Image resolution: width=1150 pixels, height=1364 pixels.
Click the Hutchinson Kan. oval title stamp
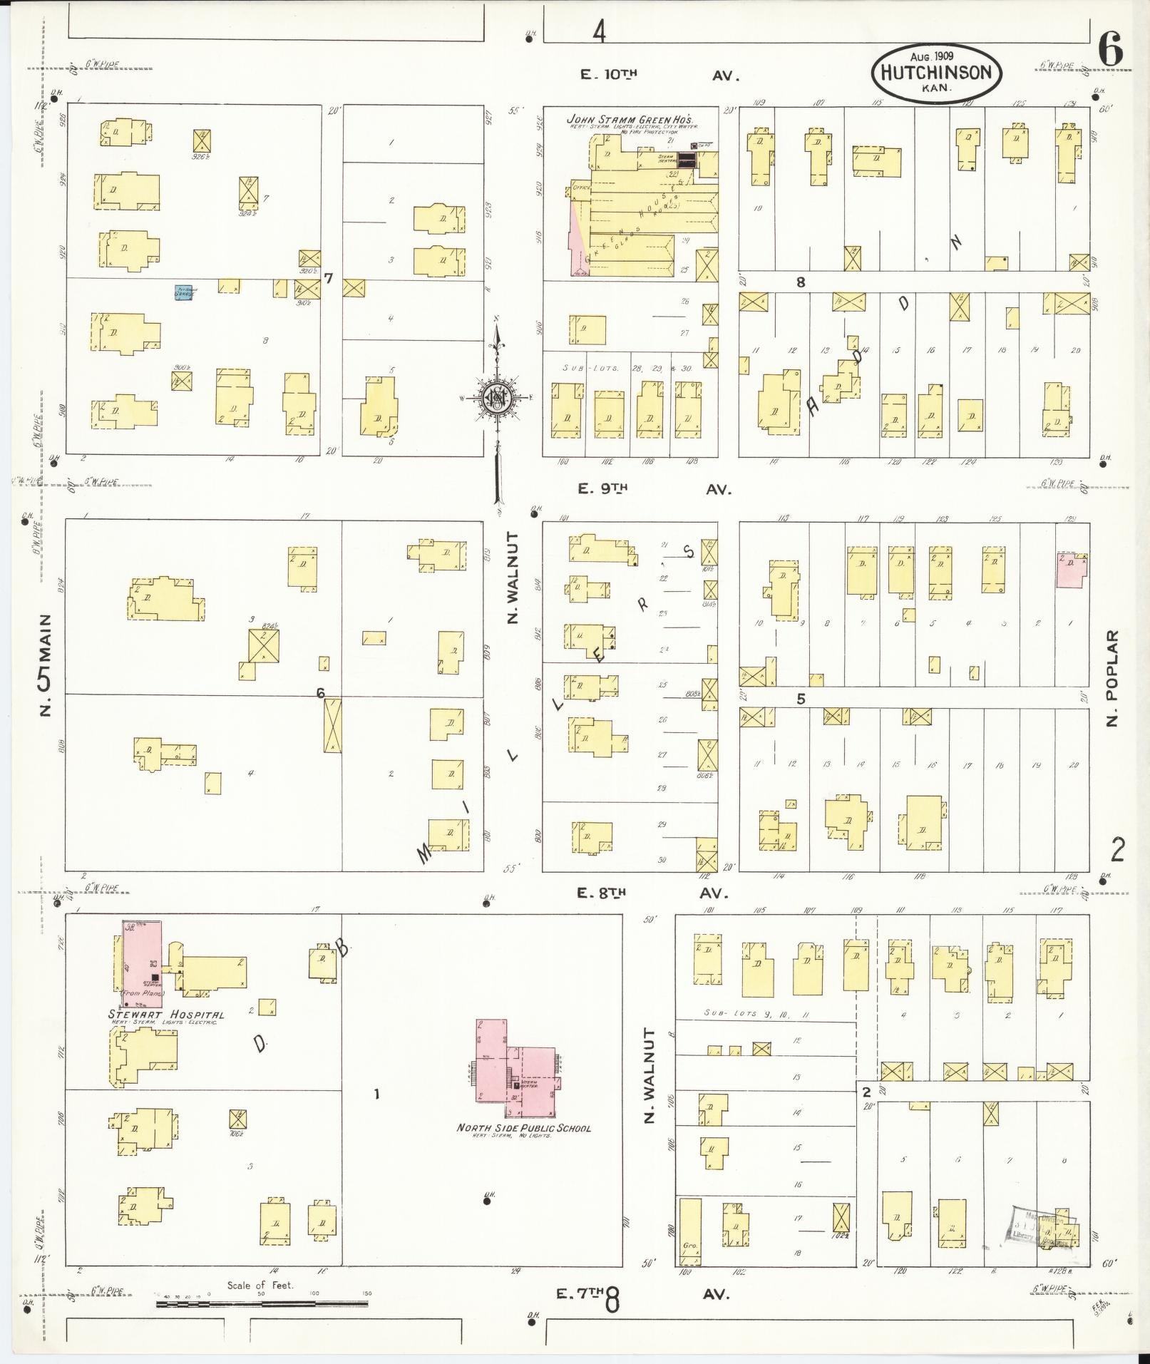click(936, 72)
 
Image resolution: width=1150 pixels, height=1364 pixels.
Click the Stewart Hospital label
click(166, 1015)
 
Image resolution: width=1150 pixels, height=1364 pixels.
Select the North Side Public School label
click(523, 1128)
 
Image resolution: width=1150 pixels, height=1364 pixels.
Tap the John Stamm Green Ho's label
click(630, 119)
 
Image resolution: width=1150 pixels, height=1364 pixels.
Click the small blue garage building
click(183, 292)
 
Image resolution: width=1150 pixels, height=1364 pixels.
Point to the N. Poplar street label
click(1112, 678)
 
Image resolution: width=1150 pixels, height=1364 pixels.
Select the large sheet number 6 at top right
click(1110, 51)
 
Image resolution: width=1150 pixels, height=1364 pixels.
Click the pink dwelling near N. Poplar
click(1072, 568)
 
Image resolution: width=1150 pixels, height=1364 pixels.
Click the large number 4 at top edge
click(599, 31)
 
